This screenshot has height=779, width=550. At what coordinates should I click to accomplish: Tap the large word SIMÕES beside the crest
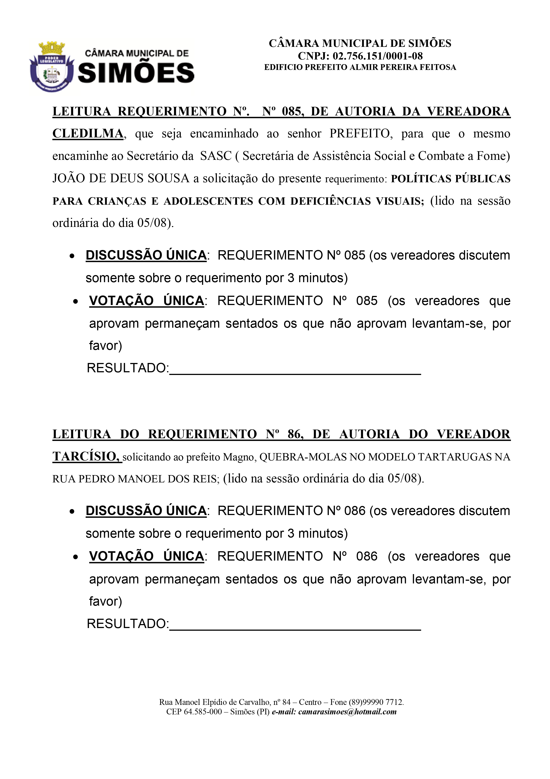[x=136, y=73]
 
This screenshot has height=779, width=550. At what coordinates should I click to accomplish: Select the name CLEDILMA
[x=88, y=134]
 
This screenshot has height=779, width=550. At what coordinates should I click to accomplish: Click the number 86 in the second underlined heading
[x=294, y=434]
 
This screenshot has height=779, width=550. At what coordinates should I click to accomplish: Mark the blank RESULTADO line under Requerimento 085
[x=295, y=371]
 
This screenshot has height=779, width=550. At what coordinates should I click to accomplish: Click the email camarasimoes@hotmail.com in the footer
[x=347, y=712]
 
